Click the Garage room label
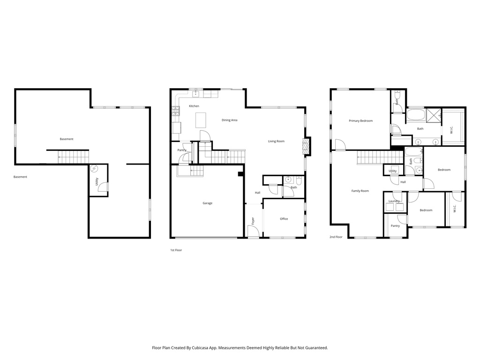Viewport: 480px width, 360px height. click(x=207, y=203)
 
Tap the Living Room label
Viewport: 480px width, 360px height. click(x=276, y=142)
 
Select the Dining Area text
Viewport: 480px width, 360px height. click(x=229, y=120)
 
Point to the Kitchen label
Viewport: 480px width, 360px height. click(x=194, y=106)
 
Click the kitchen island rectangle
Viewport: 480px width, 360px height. click(x=201, y=120)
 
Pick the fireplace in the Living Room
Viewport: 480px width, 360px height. click(x=306, y=147)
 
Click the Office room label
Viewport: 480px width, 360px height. click(x=284, y=219)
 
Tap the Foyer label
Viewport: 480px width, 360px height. click(x=253, y=221)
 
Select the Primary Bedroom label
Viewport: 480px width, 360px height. click(x=360, y=121)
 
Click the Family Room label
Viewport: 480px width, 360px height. click(x=360, y=191)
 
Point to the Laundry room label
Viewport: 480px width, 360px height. click(x=394, y=201)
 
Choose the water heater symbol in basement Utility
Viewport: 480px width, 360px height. click(x=94, y=169)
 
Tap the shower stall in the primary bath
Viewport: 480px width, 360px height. click(x=434, y=115)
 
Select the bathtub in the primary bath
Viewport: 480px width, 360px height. click(x=415, y=115)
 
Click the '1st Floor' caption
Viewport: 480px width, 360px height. click(x=176, y=250)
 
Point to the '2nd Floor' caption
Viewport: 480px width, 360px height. click(x=336, y=237)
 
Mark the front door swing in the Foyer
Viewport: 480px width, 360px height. click(x=254, y=231)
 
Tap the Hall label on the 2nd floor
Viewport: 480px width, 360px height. click(x=403, y=182)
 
